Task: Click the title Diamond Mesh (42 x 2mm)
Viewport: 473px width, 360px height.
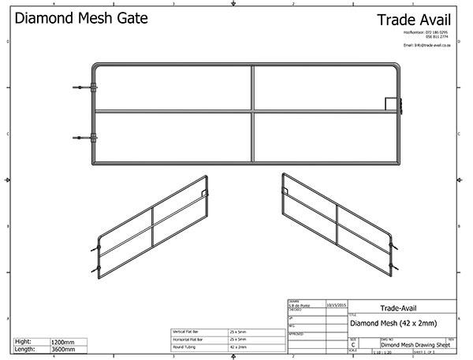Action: (393, 323)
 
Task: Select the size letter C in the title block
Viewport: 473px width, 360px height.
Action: (352, 345)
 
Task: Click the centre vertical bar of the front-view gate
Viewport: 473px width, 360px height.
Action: (253, 114)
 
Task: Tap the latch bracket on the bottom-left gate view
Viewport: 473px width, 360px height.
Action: (203, 191)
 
